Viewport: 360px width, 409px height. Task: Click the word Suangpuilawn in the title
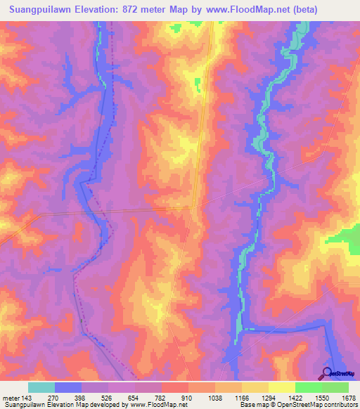tap(41, 10)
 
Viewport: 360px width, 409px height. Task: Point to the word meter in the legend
tap(10, 398)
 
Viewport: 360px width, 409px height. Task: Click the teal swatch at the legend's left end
tap(41, 387)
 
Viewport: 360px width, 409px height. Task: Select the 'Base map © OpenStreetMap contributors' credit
tap(298, 405)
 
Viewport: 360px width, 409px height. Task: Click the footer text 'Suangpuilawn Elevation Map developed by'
tap(56, 405)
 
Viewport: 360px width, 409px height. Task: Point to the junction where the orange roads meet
tap(194, 207)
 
